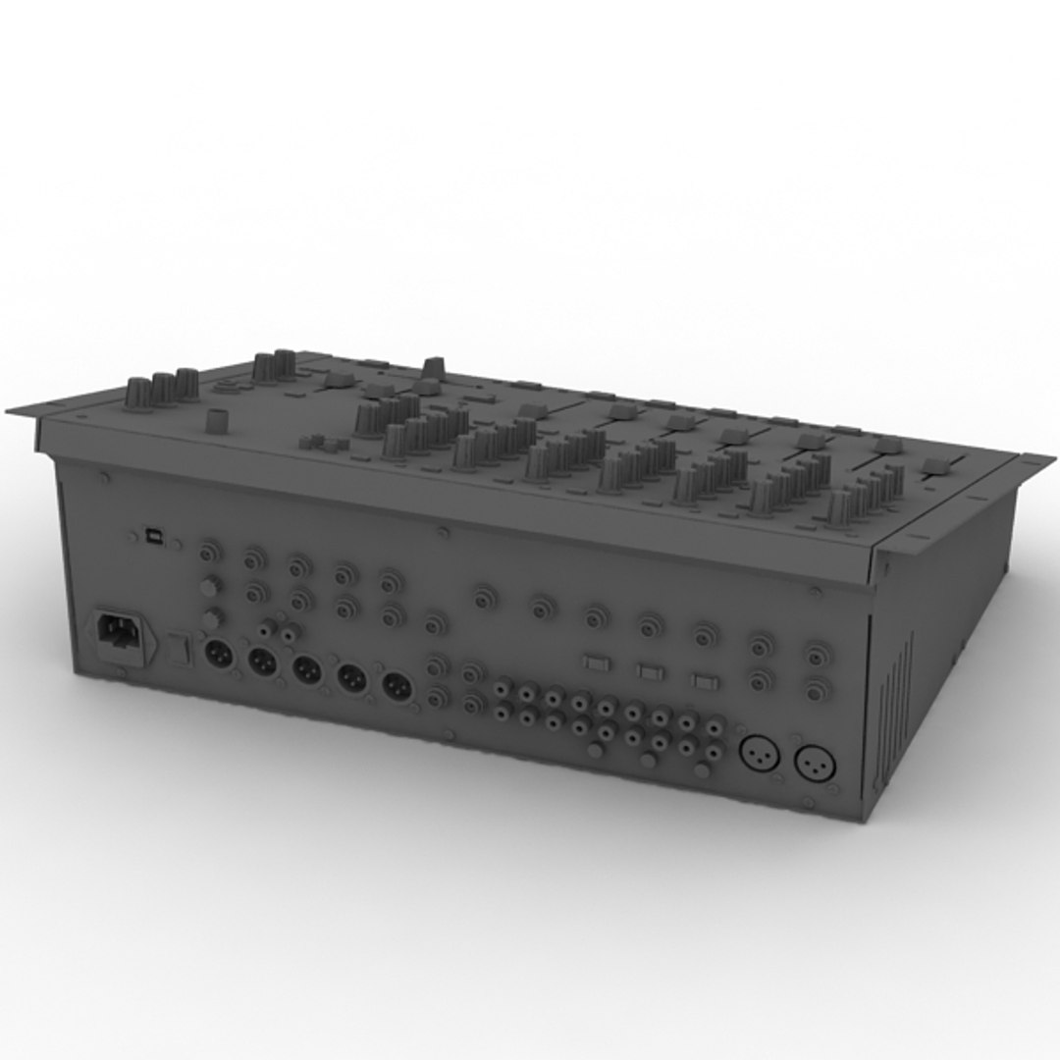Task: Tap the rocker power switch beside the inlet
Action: click(x=178, y=647)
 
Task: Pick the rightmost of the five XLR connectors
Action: click(x=397, y=687)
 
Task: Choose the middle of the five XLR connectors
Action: click(x=307, y=670)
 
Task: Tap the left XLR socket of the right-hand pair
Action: click(x=759, y=755)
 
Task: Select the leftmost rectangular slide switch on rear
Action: click(x=596, y=662)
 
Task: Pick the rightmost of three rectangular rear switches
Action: click(x=703, y=681)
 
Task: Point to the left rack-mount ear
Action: click(x=25, y=410)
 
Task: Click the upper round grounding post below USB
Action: click(x=208, y=587)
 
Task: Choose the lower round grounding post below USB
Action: click(x=212, y=618)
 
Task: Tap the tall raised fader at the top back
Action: click(x=433, y=369)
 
